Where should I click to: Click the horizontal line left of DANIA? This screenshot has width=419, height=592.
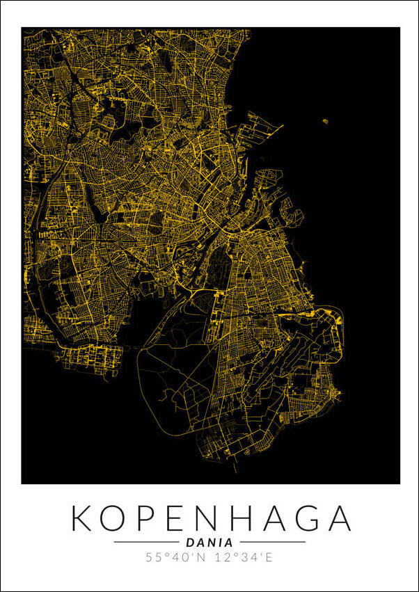[x=146, y=542]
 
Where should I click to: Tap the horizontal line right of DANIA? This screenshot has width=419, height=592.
[x=272, y=542]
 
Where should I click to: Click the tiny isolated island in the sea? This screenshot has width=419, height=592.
[x=325, y=122]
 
